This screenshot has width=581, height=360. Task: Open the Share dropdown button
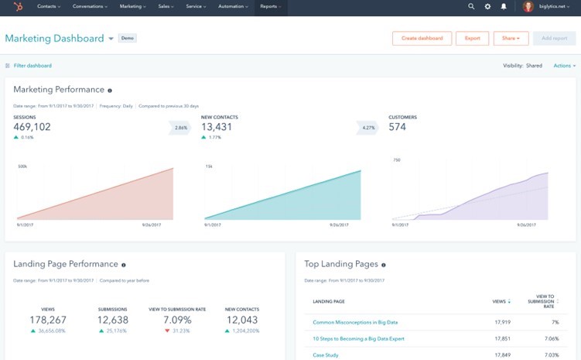(x=510, y=38)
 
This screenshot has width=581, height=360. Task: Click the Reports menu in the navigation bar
(x=270, y=6)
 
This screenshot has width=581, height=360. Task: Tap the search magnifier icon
(x=471, y=6)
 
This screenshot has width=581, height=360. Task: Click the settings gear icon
(x=487, y=6)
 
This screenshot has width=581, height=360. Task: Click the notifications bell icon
(x=504, y=6)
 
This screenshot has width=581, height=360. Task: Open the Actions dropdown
(x=564, y=66)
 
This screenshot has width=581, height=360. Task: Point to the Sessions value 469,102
(x=32, y=127)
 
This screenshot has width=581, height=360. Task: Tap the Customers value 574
(x=397, y=127)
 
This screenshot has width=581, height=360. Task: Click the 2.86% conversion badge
(x=180, y=127)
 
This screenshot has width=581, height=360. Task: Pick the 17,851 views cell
(x=502, y=338)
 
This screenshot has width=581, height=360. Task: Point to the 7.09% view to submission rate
(x=177, y=319)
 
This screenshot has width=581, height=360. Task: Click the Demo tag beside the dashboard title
(x=128, y=38)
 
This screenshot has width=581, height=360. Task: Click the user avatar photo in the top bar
(x=528, y=7)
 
